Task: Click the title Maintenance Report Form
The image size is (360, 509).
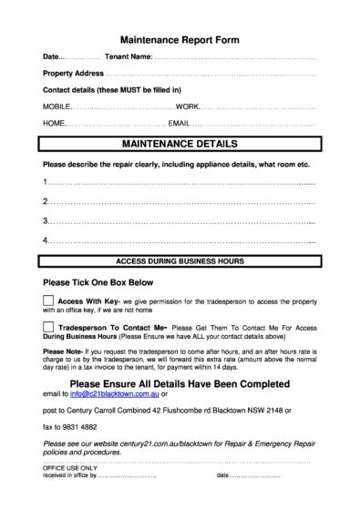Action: [x=180, y=41]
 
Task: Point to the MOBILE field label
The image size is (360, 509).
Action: [x=57, y=107]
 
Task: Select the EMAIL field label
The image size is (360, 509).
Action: [x=179, y=123]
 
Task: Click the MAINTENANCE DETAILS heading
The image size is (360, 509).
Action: [x=180, y=144]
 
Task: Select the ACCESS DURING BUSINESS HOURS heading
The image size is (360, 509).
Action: [x=180, y=261]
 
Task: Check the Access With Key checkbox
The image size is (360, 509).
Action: [x=48, y=300]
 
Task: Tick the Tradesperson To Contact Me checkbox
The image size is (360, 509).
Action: [x=48, y=326]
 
